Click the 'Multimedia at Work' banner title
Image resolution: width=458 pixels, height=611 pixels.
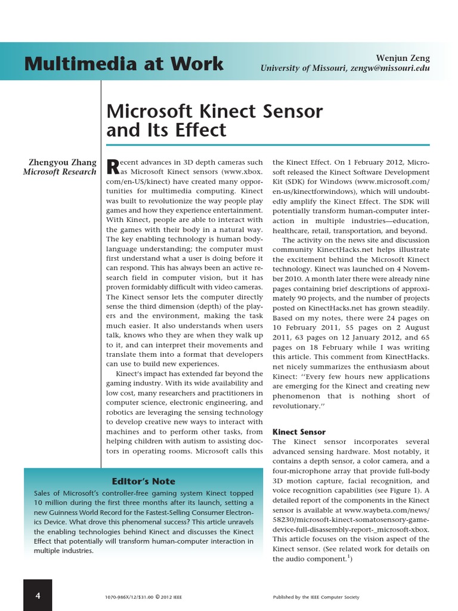(124, 64)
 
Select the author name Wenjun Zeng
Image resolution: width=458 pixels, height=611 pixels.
(403, 57)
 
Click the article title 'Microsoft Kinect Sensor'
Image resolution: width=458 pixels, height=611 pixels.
(214, 111)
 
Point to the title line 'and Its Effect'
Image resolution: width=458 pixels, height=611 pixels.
(166, 130)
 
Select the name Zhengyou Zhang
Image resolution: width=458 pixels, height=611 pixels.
(62, 162)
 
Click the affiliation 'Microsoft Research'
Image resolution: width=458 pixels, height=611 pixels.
(59, 172)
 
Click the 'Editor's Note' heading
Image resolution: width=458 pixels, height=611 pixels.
(143, 481)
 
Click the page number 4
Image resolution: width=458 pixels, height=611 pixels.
(38, 595)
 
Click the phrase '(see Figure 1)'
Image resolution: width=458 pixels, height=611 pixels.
(400, 490)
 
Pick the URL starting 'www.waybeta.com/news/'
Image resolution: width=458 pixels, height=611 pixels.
(386, 510)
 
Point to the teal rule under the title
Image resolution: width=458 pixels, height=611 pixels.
(267, 145)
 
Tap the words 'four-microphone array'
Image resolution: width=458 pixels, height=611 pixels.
(310, 471)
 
